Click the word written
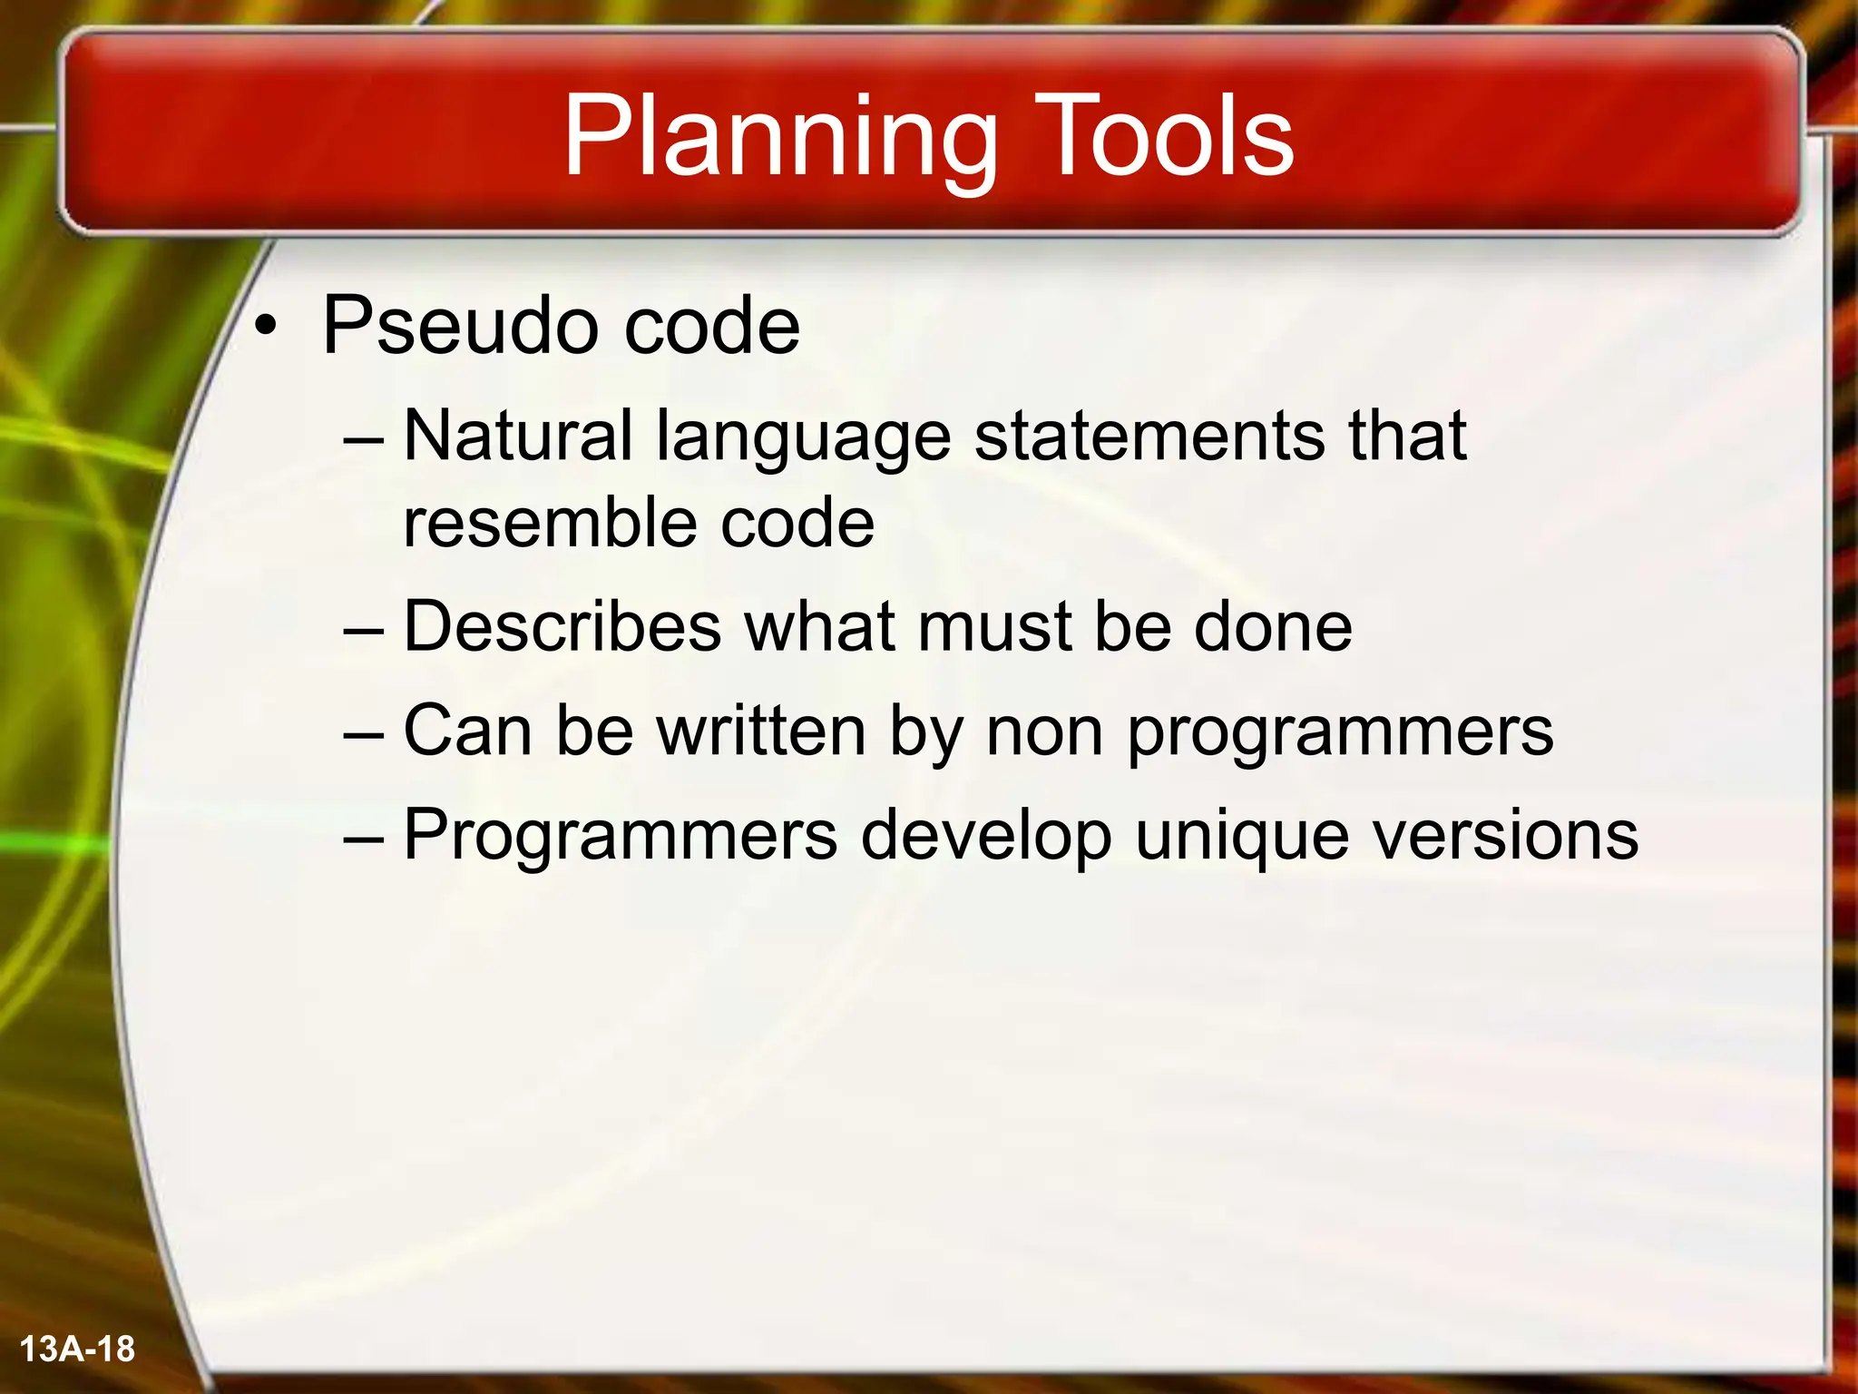coord(761,731)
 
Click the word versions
coord(1505,835)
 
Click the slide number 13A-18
coord(77,1350)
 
